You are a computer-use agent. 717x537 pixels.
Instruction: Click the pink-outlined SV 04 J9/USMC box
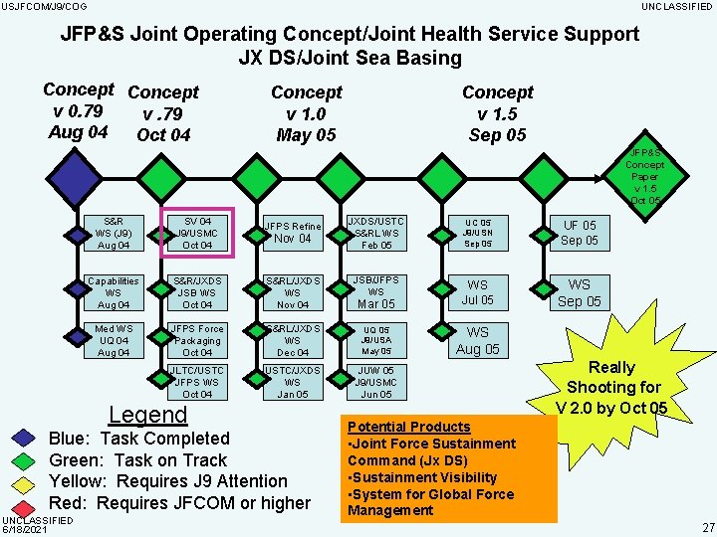197,234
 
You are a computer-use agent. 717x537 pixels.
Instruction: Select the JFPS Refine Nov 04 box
292,234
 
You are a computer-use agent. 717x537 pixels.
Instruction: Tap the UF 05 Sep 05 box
579,234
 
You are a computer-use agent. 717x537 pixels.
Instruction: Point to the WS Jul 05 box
478,292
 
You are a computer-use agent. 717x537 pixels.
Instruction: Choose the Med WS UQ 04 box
113,340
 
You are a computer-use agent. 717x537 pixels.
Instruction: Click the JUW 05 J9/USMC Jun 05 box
375,382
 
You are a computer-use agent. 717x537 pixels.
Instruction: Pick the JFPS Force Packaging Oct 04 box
197,340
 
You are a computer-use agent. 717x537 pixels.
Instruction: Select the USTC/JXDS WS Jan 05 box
292,382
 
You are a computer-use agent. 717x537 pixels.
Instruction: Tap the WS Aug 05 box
478,340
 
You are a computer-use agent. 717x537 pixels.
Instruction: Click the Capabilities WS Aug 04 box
113,292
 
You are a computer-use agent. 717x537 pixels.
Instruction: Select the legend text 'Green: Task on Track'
137,460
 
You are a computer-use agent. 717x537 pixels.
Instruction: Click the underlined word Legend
147,415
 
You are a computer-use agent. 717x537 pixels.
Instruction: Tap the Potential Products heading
409,427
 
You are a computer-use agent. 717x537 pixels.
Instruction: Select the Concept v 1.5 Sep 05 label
497,113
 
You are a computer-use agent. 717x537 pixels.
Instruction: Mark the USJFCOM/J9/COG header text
44,7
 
